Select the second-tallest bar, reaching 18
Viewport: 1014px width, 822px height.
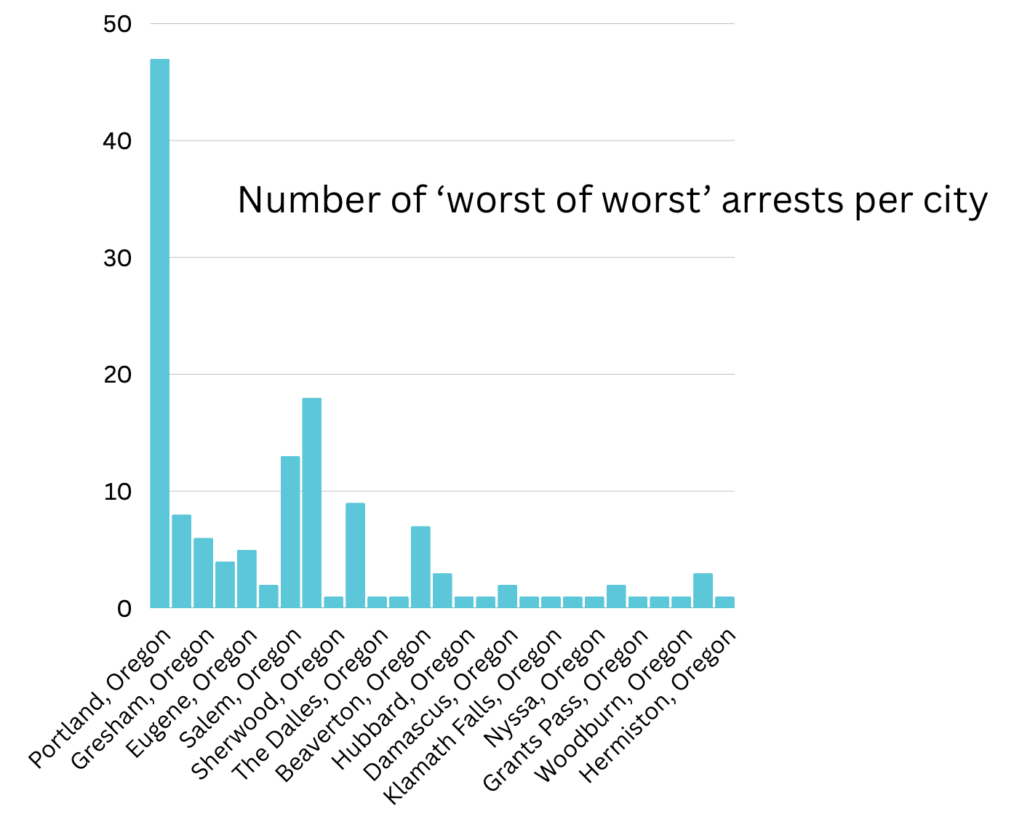coord(312,502)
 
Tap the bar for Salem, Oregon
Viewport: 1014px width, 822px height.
coord(290,531)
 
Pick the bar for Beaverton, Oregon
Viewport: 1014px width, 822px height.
coord(420,567)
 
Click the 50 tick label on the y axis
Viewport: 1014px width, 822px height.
coord(117,24)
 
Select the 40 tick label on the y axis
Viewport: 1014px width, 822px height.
coord(117,141)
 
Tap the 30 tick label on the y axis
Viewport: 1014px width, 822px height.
coord(117,258)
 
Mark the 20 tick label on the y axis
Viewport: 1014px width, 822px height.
coord(117,375)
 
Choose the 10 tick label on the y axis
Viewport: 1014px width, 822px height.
coord(117,492)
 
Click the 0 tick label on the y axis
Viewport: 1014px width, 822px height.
coord(124,609)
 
